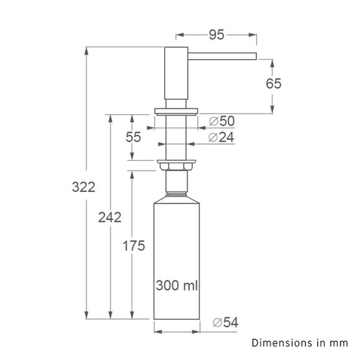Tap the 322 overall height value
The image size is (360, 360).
[x=84, y=187]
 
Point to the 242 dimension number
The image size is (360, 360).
[x=110, y=217]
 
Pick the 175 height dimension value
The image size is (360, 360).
[x=132, y=245]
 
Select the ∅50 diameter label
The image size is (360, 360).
[x=222, y=121]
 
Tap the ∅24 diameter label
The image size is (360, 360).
[x=222, y=137]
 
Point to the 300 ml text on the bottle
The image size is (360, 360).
[x=176, y=284]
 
